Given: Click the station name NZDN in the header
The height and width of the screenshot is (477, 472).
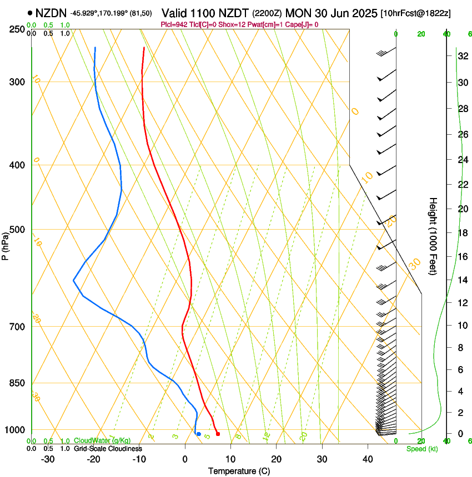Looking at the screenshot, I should pos(51,12).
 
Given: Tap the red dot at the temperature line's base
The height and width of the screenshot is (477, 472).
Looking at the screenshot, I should pos(218,434).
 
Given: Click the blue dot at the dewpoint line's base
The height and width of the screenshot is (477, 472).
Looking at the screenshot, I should pos(198,434).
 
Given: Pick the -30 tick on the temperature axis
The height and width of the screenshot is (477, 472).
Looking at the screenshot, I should pos(48,459).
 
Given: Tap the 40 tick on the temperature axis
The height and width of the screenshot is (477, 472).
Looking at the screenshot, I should pos(367,459).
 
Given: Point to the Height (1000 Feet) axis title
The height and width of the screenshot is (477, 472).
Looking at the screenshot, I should pos(433,236).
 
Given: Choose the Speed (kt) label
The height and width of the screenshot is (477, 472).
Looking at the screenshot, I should pos(421,449).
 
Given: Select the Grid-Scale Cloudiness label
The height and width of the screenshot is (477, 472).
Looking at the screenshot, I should pos(108,448).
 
